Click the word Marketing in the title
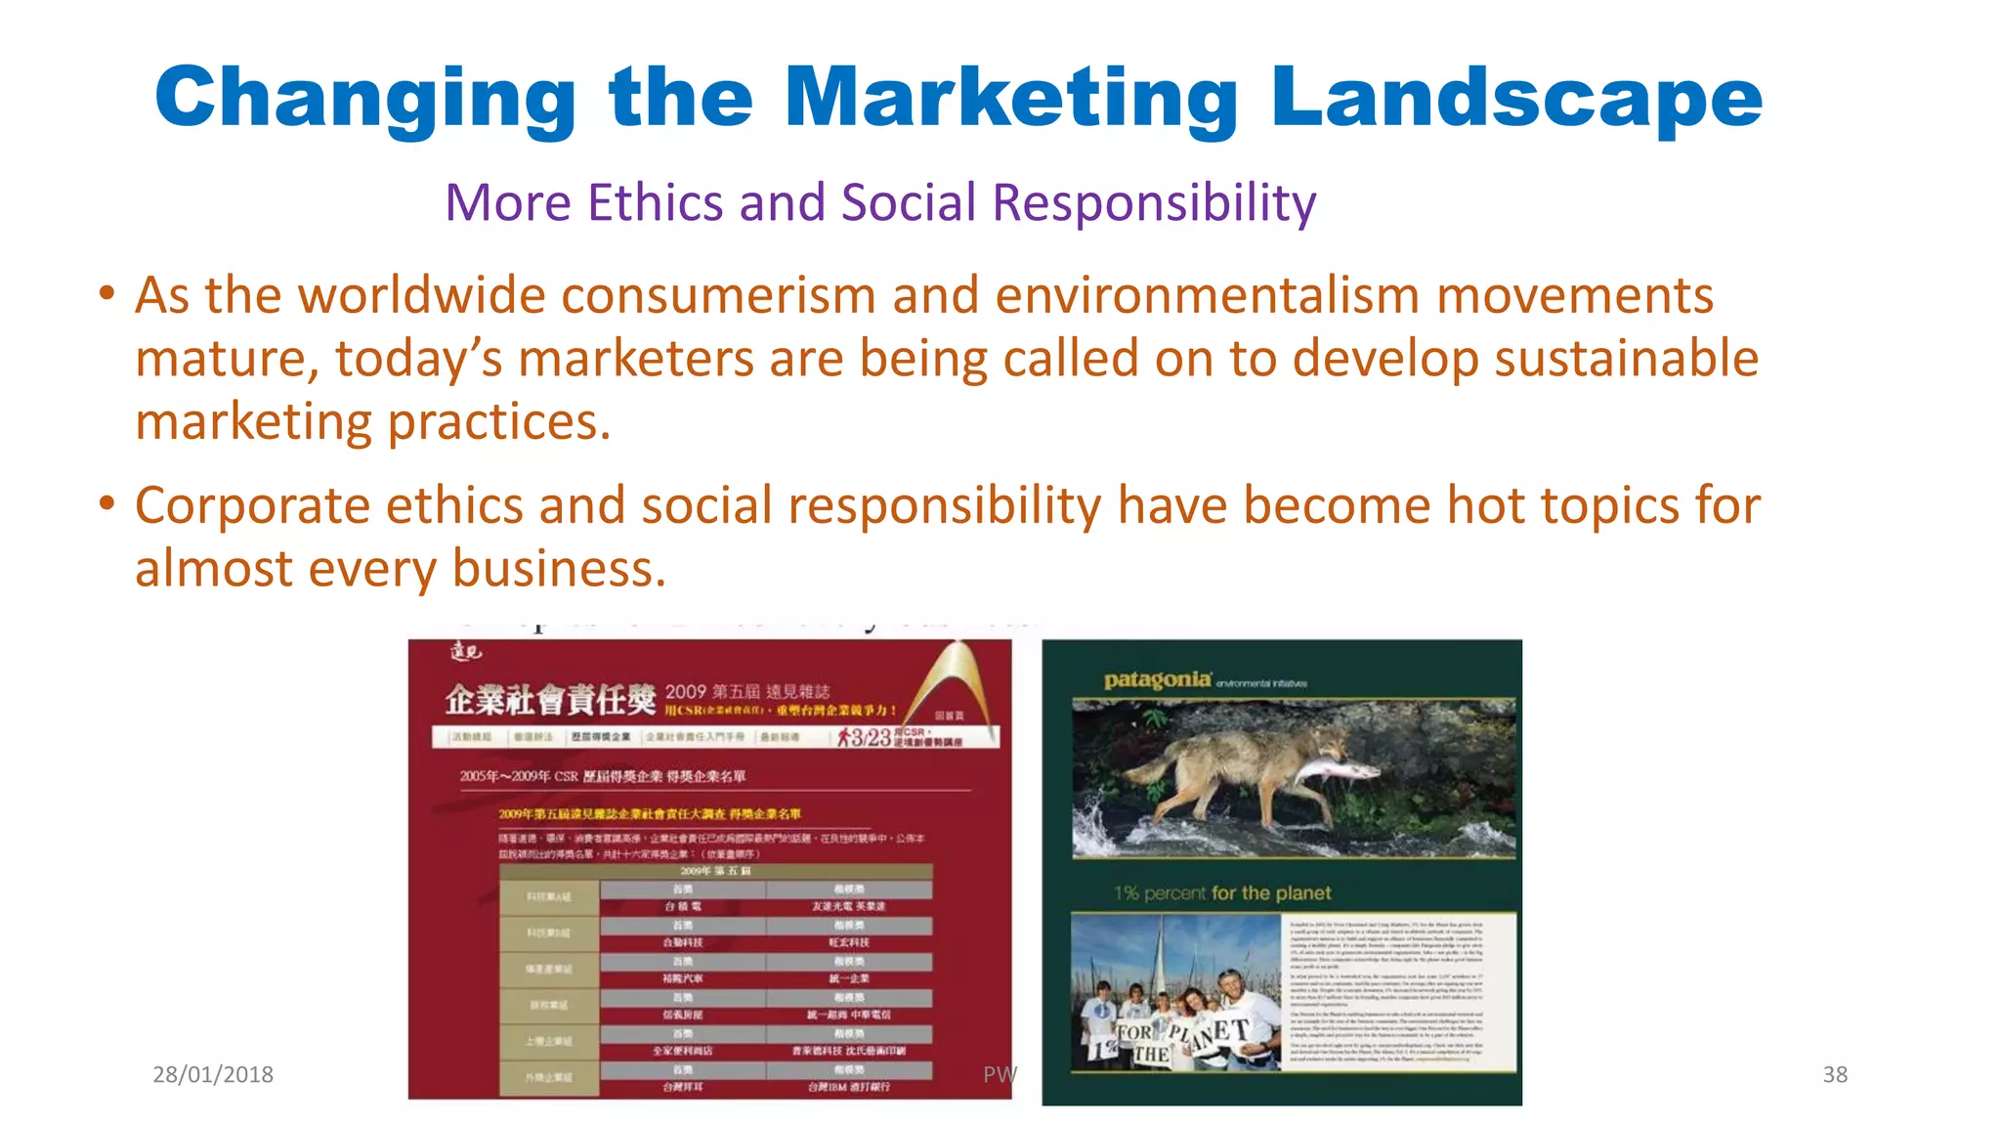[1011, 98]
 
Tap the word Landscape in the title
[1516, 98]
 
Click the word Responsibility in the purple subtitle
[1154, 203]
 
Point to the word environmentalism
[1207, 295]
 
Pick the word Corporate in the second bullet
[251, 506]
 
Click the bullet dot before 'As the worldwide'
[107, 293]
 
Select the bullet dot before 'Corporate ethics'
[107, 504]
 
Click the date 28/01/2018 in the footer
[213, 1074]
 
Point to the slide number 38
[1835, 1074]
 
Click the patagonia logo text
[1157, 680]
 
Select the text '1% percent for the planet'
[1221, 892]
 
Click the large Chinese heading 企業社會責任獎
[550, 700]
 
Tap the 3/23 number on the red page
[870, 737]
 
